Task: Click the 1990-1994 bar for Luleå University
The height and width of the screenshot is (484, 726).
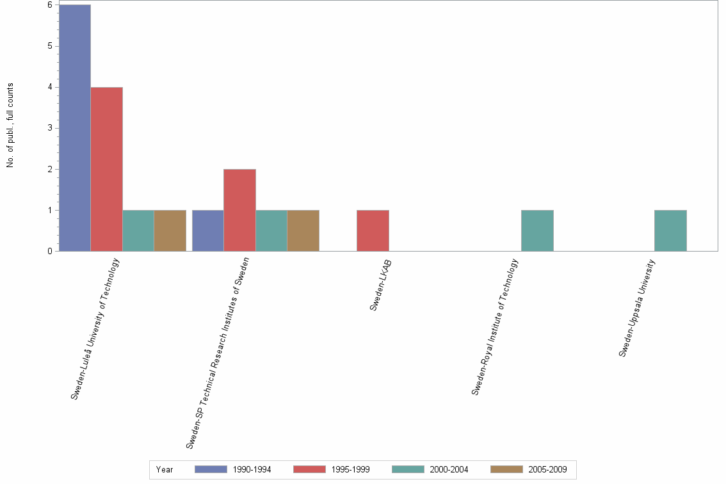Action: click(74, 128)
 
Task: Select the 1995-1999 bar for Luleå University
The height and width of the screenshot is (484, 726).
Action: click(106, 169)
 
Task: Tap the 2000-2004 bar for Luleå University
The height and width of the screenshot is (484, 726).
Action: click(138, 230)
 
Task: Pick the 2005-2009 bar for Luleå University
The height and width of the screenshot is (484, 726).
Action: click(170, 230)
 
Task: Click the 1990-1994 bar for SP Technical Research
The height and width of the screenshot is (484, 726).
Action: click(207, 230)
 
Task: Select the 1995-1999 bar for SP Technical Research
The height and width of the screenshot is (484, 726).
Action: click(239, 210)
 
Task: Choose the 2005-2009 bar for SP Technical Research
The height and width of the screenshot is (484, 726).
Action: click(303, 230)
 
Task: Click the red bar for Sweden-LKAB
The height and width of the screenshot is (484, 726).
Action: click(373, 230)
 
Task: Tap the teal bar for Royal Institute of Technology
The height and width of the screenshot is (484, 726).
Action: click(537, 230)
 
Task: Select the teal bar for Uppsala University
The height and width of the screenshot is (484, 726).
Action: click(670, 230)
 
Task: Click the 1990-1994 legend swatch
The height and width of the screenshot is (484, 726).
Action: click(211, 469)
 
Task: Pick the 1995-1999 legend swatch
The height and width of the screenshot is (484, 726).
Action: click(309, 469)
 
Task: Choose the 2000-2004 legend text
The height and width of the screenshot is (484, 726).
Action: click(449, 469)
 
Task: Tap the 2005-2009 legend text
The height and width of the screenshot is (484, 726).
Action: click(547, 469)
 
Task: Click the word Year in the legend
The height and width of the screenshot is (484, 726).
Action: click(165, 469)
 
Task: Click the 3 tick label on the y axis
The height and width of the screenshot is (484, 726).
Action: click(49, 128)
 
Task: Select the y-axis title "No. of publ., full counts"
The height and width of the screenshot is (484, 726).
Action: click(10, 125)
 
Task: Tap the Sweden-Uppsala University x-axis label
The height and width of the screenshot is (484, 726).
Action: click(638, 307)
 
